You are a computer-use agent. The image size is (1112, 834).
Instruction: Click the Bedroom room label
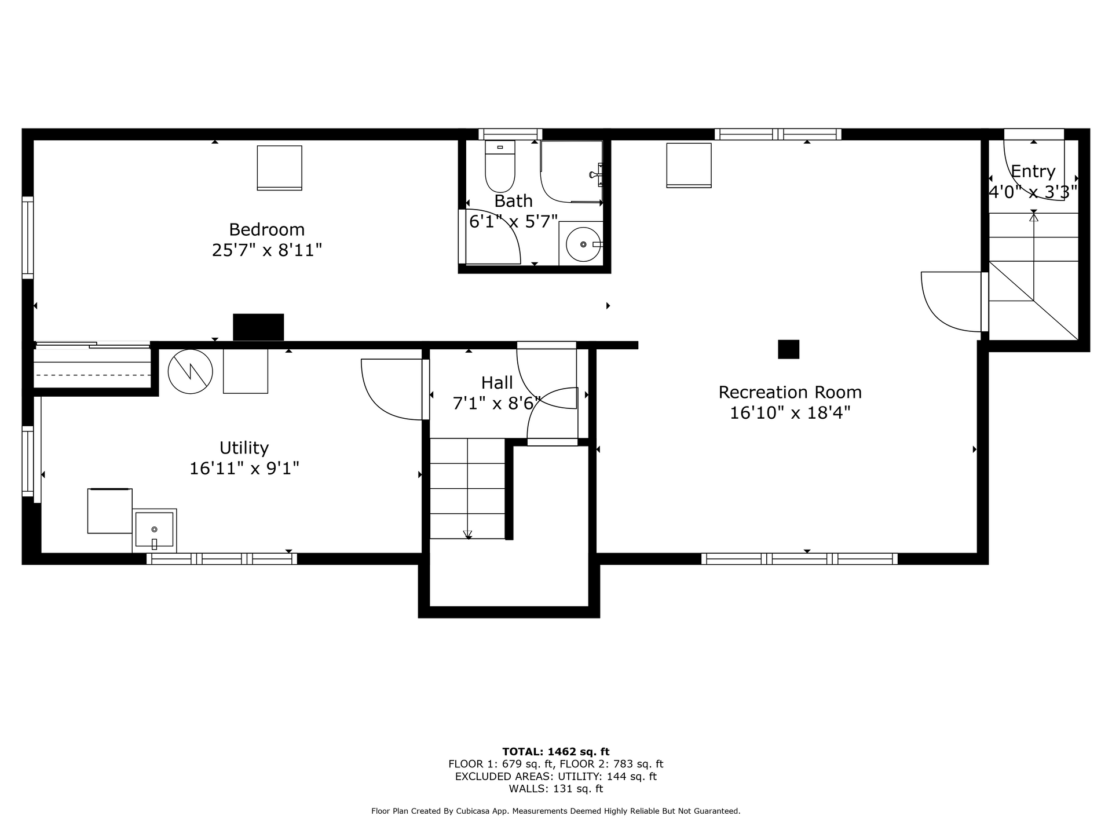click(x=266, y=230)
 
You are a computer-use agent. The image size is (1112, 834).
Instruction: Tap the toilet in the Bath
click(x=500, y=166)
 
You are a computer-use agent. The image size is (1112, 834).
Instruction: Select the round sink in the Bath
click(x=583, y=244)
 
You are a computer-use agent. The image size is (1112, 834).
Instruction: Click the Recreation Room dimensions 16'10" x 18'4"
click(x=790, y=413)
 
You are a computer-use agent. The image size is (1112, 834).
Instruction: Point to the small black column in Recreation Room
click(x=788, y=349)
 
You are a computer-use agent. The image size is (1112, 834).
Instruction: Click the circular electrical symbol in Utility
click(x=190, y=372)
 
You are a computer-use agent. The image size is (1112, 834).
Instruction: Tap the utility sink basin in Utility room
click(x=155, y=530)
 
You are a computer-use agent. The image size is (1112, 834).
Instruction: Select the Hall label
click(x=497, y=383)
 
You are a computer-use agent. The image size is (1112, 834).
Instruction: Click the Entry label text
click(x=1033, y=172)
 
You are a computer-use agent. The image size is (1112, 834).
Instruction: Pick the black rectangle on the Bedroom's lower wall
click(x=258, y=327)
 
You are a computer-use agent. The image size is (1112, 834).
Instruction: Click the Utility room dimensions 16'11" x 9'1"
click(x=244, y=469)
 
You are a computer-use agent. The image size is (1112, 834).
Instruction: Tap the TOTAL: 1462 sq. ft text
click(x=556, y=752)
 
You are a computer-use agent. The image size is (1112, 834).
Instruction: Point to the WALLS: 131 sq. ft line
click(x=556, y=789)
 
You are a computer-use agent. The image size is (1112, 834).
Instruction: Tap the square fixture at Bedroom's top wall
click(x=279, y=168)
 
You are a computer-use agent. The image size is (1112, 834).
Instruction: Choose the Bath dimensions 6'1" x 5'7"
click(x=513, y=222)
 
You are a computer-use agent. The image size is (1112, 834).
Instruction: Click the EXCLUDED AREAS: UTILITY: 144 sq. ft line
click(x=556, y=777)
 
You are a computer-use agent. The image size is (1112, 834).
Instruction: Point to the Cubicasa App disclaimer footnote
click(x=556, y=811)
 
